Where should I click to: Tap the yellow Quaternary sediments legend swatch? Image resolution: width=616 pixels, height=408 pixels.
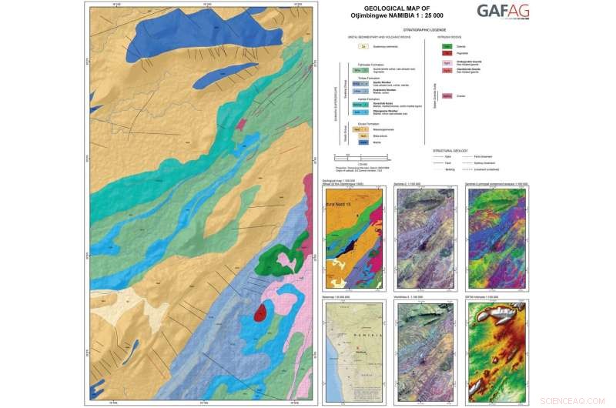361,47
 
